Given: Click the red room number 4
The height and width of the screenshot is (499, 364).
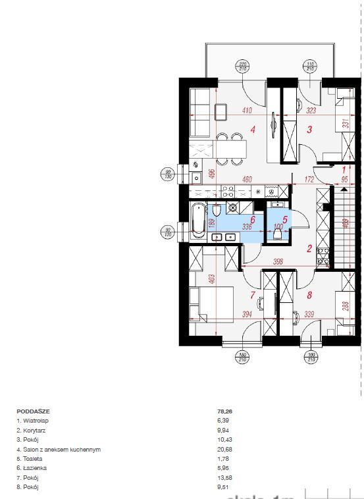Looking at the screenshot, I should tap(253, 130).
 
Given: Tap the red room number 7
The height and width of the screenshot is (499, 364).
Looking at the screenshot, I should tap(253, 295).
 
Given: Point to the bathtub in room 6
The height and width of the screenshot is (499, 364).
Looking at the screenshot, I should tap(198, 220).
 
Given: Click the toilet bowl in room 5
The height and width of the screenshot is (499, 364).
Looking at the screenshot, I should tap(277, 234).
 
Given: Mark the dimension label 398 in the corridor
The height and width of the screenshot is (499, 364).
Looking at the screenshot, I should tap(278, 263).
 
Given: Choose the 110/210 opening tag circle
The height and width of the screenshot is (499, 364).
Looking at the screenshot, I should tap(309, 66).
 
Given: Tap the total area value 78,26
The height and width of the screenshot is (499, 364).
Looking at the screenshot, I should tap(224, 411).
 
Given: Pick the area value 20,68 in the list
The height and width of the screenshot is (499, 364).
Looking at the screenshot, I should tap(224, 450).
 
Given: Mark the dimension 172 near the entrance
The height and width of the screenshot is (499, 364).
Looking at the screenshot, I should tap(307, 179).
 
